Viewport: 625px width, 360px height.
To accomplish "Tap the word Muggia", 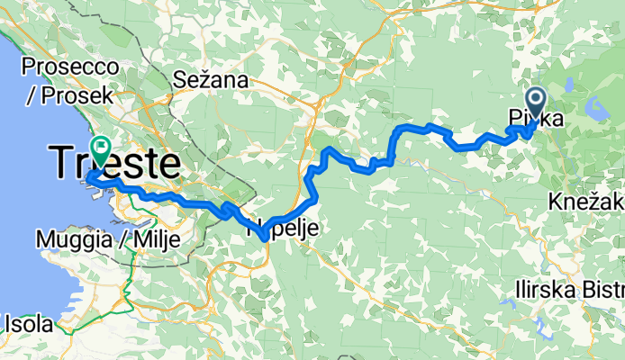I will (x=73, y=239).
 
